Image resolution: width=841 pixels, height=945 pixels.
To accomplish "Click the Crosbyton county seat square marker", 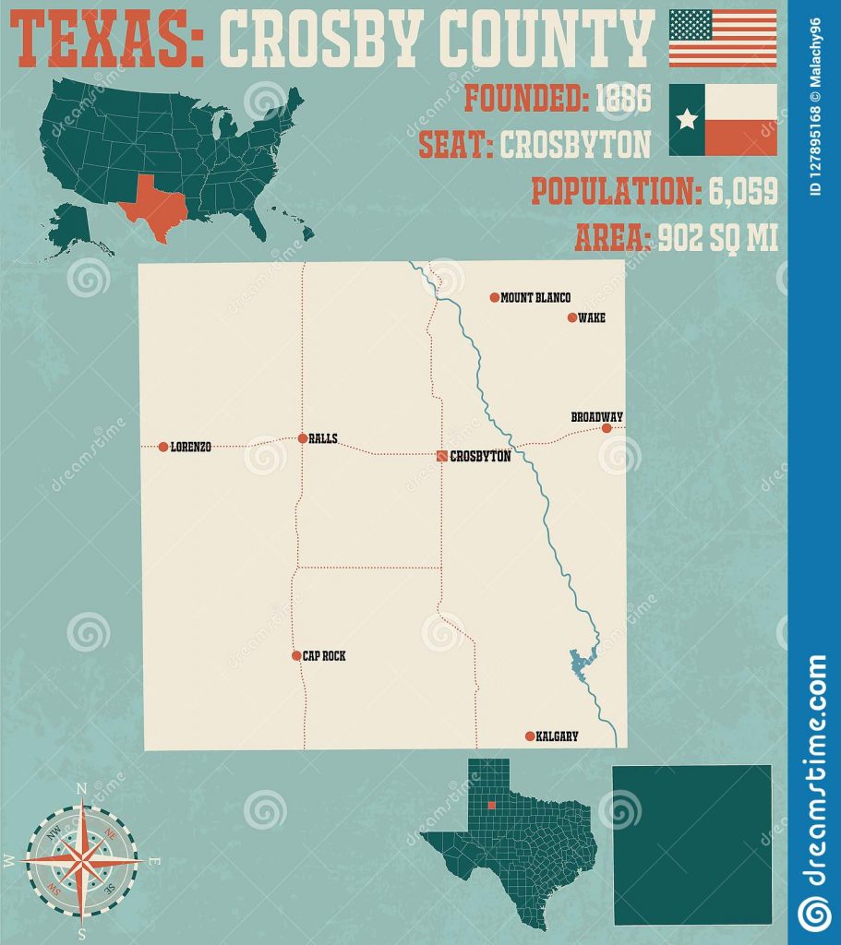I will click(x=442, y=455).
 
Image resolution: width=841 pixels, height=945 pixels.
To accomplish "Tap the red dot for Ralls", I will click(x=303, y=438).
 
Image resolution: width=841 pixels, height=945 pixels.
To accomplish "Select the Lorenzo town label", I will click(x=191, y=447).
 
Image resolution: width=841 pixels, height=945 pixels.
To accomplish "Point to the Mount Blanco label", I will click(x=535, y=298).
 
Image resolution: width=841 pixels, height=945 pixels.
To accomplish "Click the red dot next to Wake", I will click(x=572, y=317).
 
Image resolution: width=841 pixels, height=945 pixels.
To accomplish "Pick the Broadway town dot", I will click(x=607, y=428).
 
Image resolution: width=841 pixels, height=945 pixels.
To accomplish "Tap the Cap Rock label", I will click(x=324, y=656).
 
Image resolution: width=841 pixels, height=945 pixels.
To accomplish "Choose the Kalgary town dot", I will click(x=529, y=736).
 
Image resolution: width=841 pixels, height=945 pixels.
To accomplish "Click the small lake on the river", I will click(x=582, y=661).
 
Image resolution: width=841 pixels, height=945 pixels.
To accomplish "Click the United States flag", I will click(x=722, y=38).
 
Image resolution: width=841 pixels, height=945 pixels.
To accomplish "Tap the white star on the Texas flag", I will click(x=687, y=119).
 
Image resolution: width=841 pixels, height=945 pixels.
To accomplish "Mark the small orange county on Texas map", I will click(x=492, y=805).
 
